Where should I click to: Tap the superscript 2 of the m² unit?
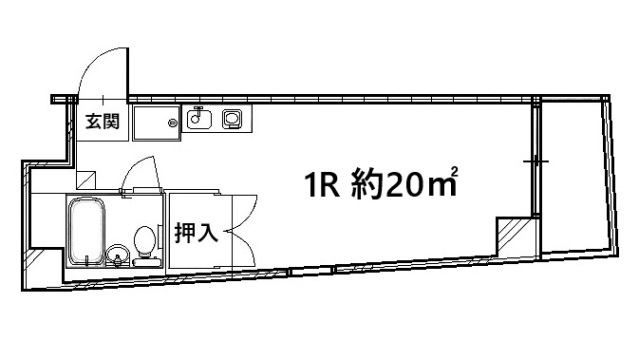click(x=456, y=171)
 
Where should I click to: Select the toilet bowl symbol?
click(x=145, y=243)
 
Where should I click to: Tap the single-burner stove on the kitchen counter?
click(x=233, y=120)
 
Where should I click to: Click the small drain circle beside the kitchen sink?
click(x=173, y=123)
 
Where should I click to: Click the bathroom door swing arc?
click(x=135, y=174)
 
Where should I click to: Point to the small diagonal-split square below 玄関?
click(x=87, y=179)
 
